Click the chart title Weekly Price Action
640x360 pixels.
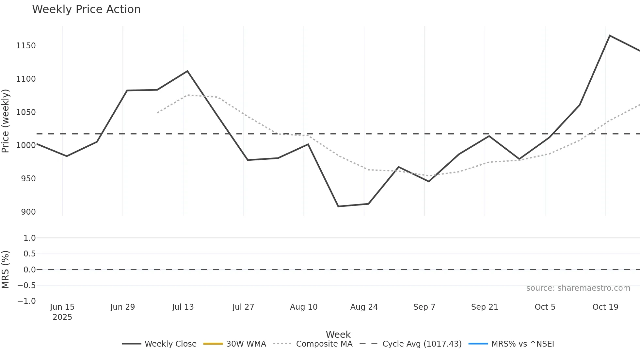coord(86,9)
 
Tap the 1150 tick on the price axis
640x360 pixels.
coord(26,46)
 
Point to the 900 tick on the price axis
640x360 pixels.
coord(28,212)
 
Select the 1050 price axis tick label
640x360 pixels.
coord(26,112)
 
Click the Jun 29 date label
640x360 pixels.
coord(122,307)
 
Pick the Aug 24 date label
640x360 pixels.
coord(364,307)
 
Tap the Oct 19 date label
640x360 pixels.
coord(605,307)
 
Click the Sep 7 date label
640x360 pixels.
coord(424,307)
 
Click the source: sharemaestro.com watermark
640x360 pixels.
coord(578,288)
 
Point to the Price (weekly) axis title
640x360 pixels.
coord(6,121)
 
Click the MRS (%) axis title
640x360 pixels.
coord(6,270)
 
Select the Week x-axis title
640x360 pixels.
coord(338,335)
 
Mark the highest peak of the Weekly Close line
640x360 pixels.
coord(610,36)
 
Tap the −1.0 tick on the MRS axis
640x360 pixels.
coord(26,301)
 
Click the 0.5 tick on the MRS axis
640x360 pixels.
coord(29,254)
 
